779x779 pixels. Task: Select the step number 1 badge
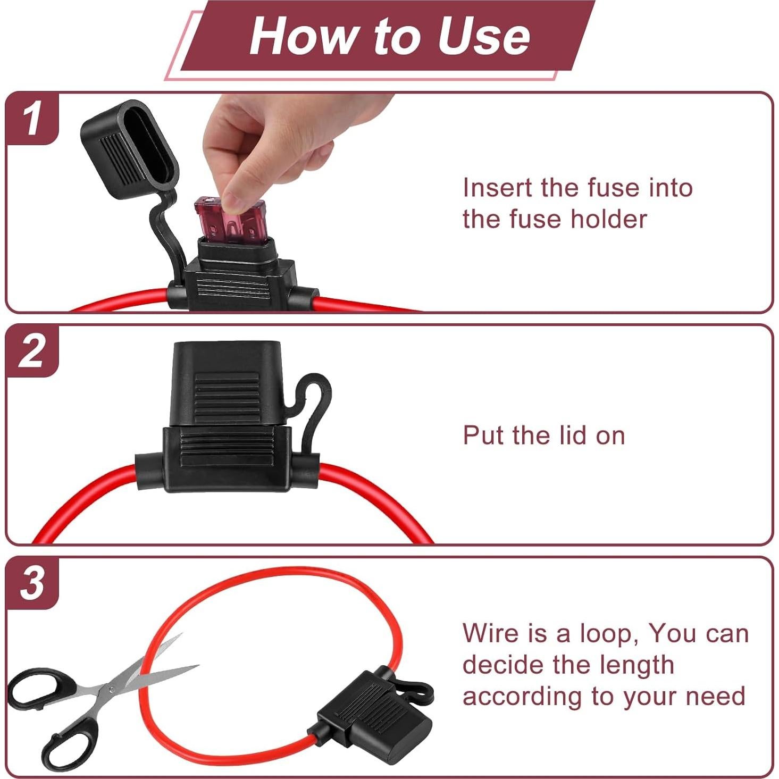[32, 118]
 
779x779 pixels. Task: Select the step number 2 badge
[32, 350]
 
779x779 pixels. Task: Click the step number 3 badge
[32, 583]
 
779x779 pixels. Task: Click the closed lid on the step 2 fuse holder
[226, 383]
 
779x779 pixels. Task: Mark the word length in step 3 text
[643, 665]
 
